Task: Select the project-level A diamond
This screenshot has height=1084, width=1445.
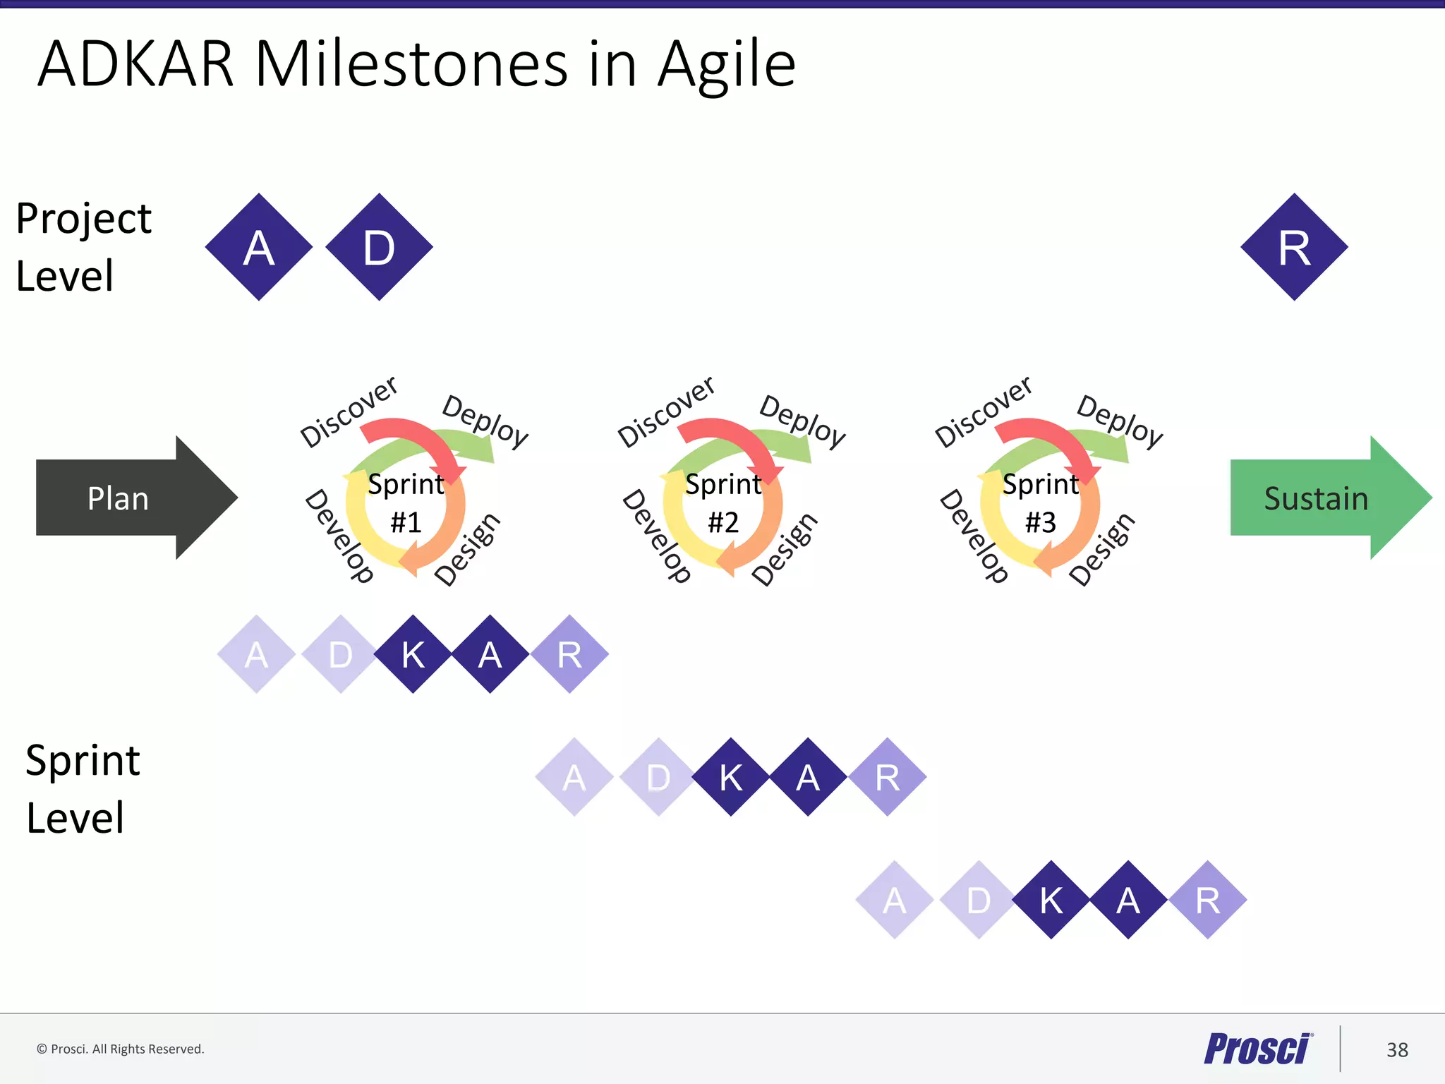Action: click(259, 247)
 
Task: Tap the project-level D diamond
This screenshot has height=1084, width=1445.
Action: click(380, 247)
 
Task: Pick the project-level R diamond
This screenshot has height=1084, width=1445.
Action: click(1294, 247)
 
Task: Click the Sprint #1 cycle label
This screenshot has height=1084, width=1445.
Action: click(406, 502)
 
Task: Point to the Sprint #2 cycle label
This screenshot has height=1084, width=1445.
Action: click(723, 502)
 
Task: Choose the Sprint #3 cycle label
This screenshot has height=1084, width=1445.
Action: click(1041, 502)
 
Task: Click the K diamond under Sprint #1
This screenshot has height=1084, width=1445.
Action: click(413, 654)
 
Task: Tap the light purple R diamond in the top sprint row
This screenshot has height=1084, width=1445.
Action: click(569, 654)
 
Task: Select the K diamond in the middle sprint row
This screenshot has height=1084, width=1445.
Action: click(731, 777)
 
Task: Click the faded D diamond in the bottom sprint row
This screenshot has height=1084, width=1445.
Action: click(979, 900)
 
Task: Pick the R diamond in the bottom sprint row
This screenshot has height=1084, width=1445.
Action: click(1207, 900)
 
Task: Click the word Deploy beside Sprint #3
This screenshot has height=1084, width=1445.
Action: click(1119, 421)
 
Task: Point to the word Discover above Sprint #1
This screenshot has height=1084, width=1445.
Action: click(349, 412)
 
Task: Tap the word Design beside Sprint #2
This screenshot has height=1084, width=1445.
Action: click(785, 549)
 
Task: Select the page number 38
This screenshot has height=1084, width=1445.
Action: click(1396, 1049)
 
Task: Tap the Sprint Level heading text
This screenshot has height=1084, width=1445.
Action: click(83, 788)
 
